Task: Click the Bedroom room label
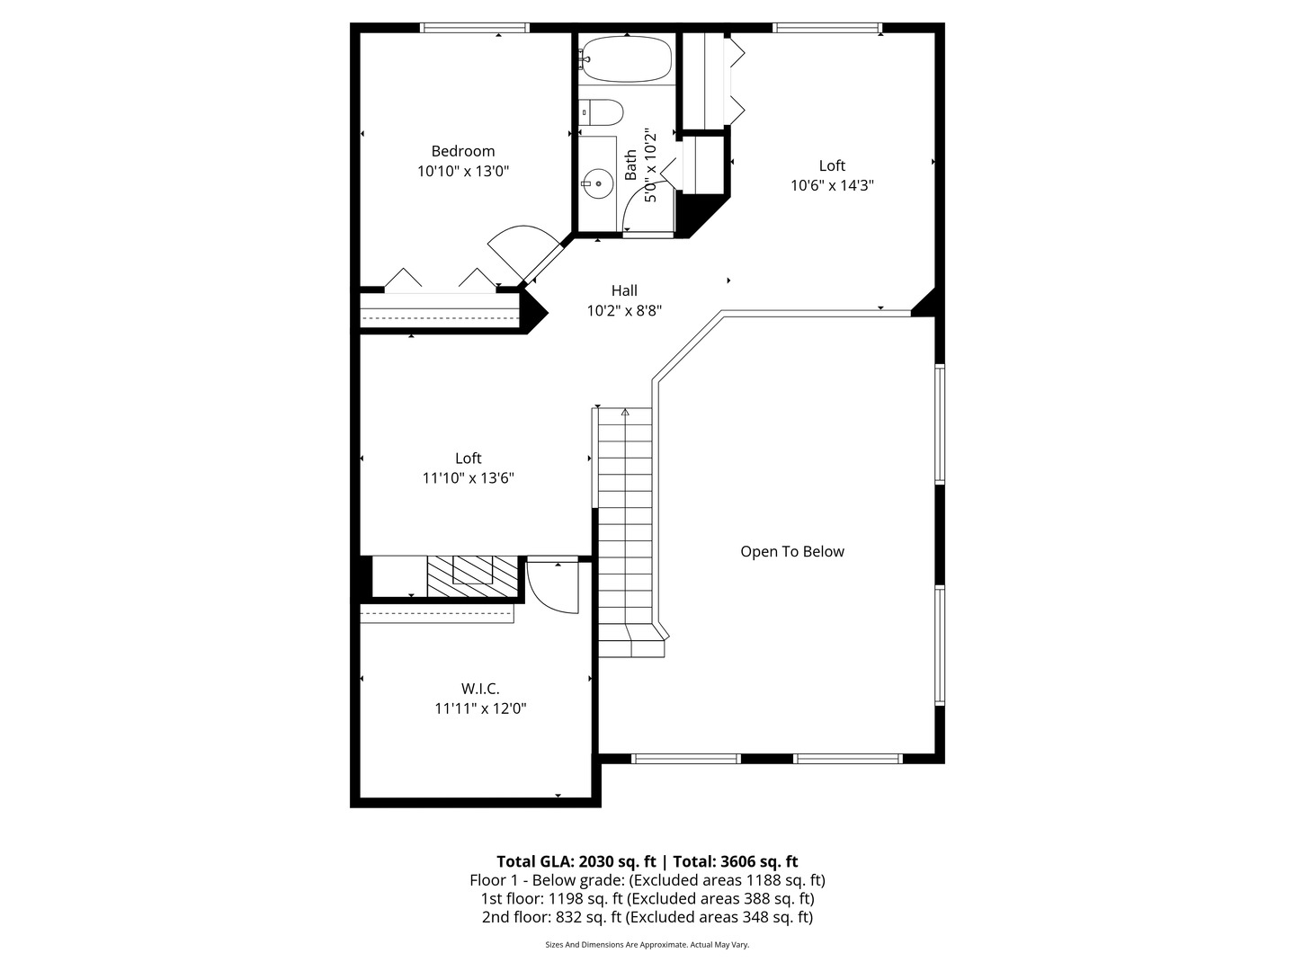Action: [x=462, y=151]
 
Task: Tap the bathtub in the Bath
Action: [x=626, y=59]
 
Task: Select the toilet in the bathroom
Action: [x=602, y=112]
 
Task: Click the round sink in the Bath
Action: [x=597, y=183]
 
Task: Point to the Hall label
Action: [x=624, y=290]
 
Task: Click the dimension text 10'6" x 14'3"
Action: [x=832, y=185]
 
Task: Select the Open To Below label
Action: [x=791, y=551]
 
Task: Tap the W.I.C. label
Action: [x=480, y=689]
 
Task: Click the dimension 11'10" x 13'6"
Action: [x=468, y=478]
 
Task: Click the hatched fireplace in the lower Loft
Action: [x=473, y=575]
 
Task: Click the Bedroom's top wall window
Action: [x=475, y=28]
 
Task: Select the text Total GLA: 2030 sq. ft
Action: [x=576, y=861]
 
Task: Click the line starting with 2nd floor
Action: [x=647, y=917]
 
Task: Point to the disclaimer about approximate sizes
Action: [x=647, y=945]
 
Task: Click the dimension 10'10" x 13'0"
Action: [x=462, y=171]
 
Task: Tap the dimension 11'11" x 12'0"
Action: [x=480, y=708]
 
